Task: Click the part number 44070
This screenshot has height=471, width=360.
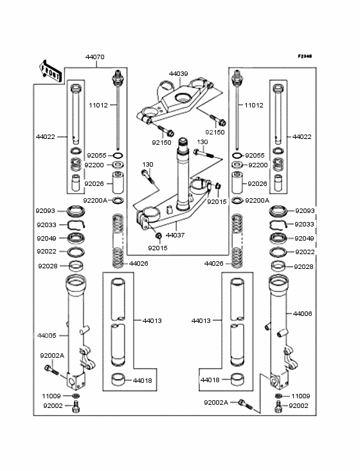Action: point(95,57)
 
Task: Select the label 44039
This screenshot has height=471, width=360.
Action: point(179,74)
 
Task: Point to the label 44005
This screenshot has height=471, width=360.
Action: point(47,335)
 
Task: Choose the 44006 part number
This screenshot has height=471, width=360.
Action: point(303,314)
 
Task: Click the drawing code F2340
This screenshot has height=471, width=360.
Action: point(304,57)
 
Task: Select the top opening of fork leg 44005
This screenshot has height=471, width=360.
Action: point(76,279)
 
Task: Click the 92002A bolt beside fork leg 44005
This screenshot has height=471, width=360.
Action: point(51,369)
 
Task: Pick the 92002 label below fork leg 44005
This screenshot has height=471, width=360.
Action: point(53,406)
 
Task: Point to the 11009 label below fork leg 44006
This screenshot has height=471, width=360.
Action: point(301,396)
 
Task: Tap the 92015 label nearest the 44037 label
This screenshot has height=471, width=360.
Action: point(157,247)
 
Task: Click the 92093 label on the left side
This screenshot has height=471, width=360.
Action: point(46,210)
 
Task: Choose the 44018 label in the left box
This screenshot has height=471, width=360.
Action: point(143,380)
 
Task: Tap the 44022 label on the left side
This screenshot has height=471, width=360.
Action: point(46,137)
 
